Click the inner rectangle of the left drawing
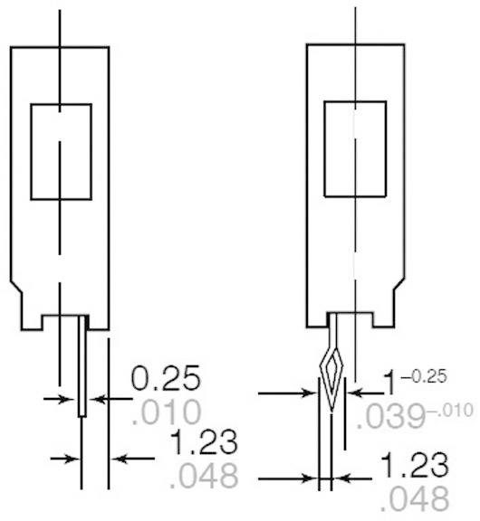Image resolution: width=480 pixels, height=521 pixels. point(61,151)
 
